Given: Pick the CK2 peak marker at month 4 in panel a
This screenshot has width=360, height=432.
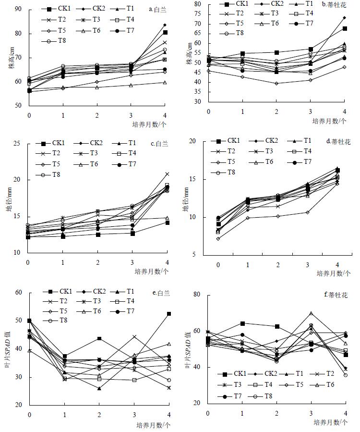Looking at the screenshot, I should [165, 25].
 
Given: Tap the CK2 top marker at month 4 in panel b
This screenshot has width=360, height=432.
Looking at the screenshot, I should [345, 18].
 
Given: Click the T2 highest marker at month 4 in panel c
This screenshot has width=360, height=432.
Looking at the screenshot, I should [167, 174].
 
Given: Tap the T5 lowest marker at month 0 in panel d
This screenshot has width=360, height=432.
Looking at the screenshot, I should [218, 238].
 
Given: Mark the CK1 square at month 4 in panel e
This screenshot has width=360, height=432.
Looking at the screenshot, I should [169, 314].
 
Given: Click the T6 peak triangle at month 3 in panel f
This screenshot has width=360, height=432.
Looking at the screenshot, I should [311, 313].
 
